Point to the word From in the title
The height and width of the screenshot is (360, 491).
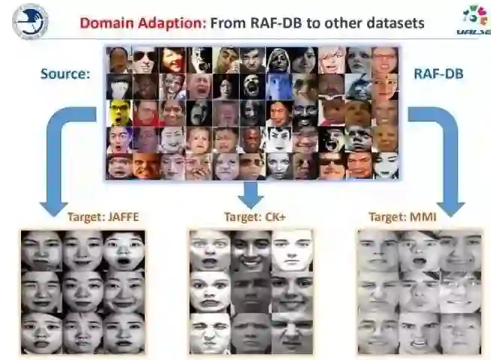tap(227, 23)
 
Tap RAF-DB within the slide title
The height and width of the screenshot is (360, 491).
tap(274, 23)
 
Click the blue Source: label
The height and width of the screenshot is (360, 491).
tap(65, 74)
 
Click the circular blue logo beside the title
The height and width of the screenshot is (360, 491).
tap(31, 22)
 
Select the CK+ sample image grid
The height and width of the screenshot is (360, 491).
tap(251, 292)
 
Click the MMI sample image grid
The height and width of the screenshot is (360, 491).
tap(419, 292)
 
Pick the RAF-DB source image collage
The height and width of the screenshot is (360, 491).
tap(252, 113)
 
